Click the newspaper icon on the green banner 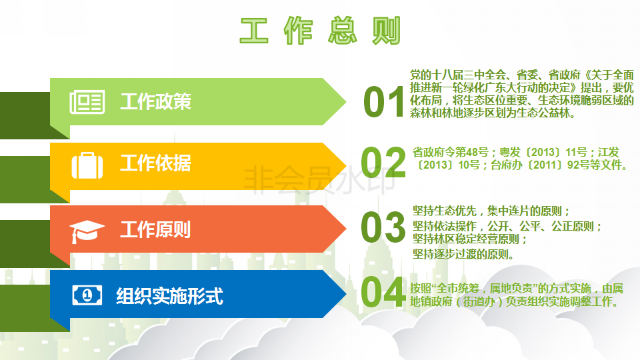87,101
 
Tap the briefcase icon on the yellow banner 87,165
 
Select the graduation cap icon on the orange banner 87,231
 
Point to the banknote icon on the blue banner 87,295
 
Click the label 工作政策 155,101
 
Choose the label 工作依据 155,163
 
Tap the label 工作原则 155,229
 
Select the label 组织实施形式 170,296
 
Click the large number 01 384,102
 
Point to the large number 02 383,163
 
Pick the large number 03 383,227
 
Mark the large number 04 383,291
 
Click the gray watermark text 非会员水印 319,179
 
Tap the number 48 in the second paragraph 461,152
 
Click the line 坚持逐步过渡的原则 463,254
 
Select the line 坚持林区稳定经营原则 470,239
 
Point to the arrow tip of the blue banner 346,293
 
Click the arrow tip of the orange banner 346,229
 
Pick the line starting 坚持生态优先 491,211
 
